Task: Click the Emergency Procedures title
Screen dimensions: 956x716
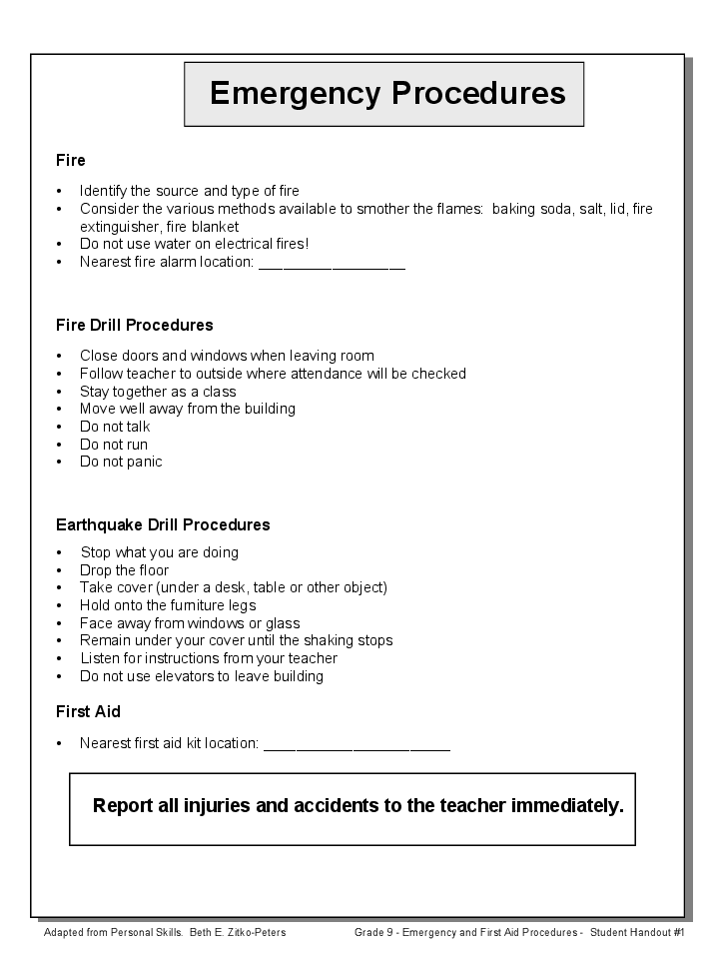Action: coord(386,93)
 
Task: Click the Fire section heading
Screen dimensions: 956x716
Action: coord(71,160)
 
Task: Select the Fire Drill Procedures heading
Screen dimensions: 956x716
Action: coord(135,325)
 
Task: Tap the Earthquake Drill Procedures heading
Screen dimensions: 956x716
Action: coord(163,524)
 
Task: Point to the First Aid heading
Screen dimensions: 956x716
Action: coord(88,711)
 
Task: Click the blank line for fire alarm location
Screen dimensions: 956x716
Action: coord(332,264)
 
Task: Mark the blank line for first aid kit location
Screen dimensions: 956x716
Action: coord(357,745)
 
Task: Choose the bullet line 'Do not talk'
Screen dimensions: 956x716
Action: coord(115,427)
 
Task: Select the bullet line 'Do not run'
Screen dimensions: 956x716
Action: coord(114,445)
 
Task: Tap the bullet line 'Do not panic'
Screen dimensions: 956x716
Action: coord(121,462)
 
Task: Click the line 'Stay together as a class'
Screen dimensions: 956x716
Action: coord(158,392)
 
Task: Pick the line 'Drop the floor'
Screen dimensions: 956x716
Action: coord(125,570)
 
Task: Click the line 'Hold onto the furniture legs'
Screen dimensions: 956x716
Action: coord(168,605)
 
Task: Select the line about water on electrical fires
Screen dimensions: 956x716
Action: coord(194,244)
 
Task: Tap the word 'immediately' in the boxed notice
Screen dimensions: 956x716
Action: coord(566,806)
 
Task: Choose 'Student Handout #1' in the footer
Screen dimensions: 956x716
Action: coord(636,932)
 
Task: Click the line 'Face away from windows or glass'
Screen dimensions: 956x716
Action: coord(190,623)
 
